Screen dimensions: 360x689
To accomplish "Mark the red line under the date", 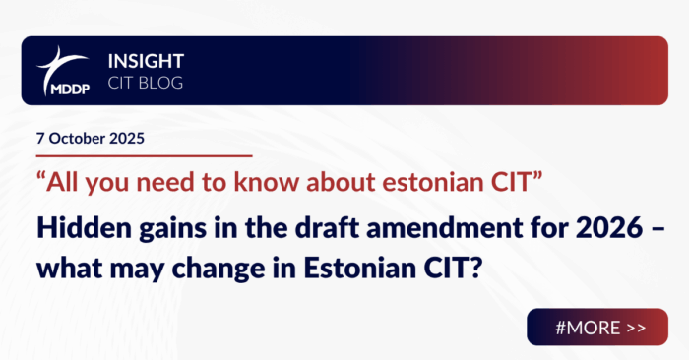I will pos(138,155).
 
